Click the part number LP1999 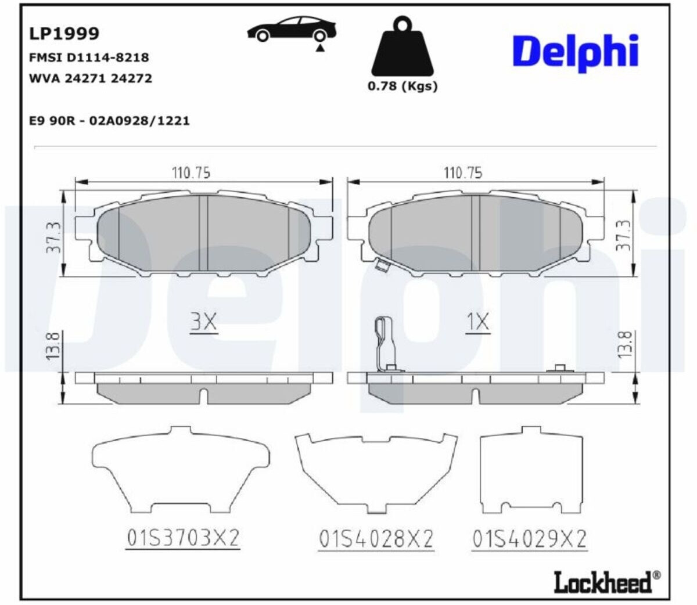tap(64, 33)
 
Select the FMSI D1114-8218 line tap(89, 57)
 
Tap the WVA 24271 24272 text tap(90, 78)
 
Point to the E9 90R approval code tap(109, 121)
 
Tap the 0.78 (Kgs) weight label tap(403, 86)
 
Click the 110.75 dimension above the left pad tap(191, 173)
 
